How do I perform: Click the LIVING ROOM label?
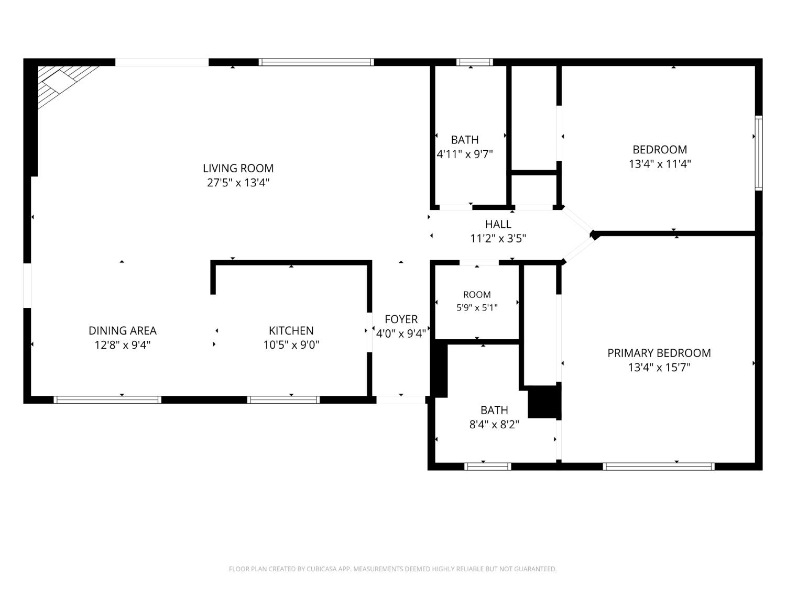[238, 168]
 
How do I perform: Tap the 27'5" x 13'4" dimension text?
[238, 183]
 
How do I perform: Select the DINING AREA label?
[123, 330]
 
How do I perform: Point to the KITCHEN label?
[291, 330]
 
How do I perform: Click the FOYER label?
[401, 319]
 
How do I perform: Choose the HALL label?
[498, 224]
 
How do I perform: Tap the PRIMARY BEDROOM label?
[659, 353]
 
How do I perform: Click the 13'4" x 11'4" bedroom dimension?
[660, 164]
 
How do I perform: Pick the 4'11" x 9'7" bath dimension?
[465, 154]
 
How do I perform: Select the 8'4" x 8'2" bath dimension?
[494, 425]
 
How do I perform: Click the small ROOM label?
[477, 295]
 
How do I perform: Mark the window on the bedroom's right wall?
[758, 153]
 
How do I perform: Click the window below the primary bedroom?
[659, 466]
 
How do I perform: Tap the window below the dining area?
[107, 400]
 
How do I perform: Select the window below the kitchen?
[283, 400]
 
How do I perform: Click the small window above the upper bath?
[474, 62]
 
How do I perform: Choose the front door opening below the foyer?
[401, 400]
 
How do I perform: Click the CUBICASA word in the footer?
[322, 569]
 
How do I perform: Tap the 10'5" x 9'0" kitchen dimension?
[291, 345]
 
